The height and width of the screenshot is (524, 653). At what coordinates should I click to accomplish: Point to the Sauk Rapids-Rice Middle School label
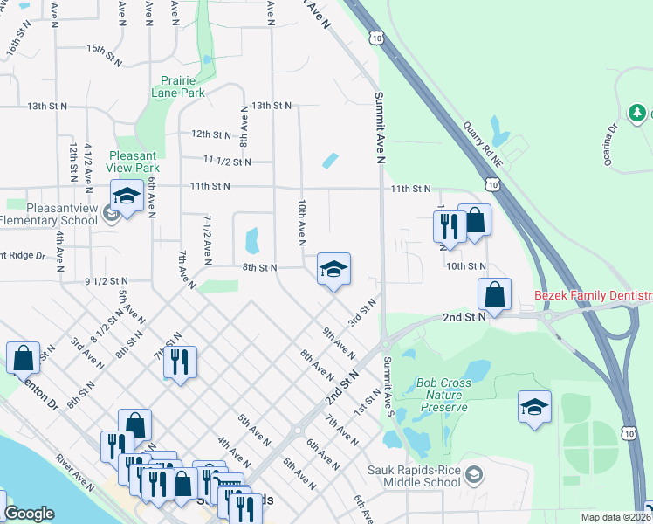pos(424,476)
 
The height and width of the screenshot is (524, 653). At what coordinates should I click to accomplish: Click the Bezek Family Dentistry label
pos(594,297)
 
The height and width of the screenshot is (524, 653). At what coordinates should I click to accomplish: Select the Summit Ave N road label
pos(380,128)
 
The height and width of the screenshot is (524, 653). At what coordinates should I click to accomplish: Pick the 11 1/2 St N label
pos(227,162)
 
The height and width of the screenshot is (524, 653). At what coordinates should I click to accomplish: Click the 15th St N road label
pos(107,51)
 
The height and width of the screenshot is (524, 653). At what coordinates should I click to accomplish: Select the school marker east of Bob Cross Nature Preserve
pos(534,408)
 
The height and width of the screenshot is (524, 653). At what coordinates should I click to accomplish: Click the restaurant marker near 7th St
pos(180,362)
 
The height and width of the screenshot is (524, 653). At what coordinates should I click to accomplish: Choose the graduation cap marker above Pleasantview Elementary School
pos(127,196)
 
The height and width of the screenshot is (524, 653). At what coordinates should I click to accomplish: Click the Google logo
pos(29,514)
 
